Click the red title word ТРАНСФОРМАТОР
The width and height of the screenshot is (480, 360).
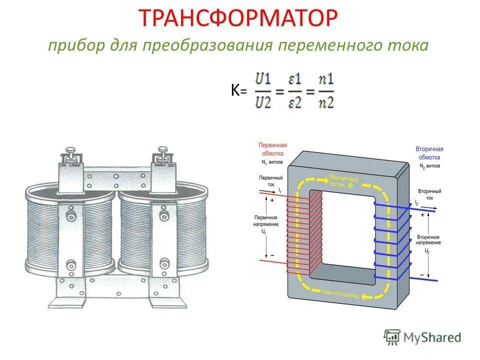click(x=239, y=18)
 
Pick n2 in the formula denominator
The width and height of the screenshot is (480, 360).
click(x=326, y=102)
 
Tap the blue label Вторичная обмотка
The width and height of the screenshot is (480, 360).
click(x=429, y=152)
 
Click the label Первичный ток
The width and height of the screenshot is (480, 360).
click(x=270, y=181)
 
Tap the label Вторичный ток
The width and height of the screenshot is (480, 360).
click(x=429, y=194)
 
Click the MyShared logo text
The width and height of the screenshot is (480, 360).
click(x=433, y=337)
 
